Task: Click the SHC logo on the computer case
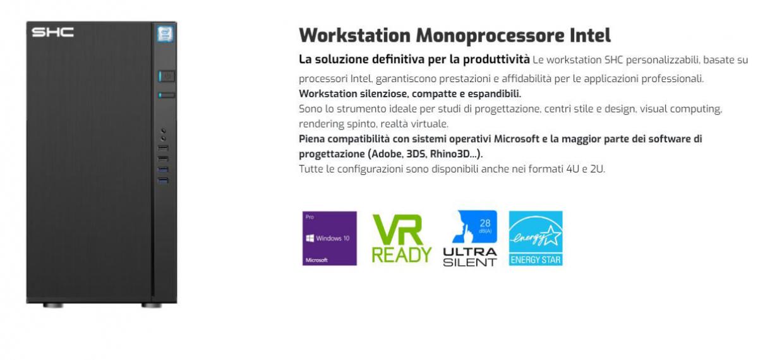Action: click(53, 32)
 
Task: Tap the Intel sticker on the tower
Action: click(165, 34)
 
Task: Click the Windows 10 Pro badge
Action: click(330, 239)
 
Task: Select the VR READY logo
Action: click(402, 239)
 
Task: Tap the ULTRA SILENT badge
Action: click(470, 239)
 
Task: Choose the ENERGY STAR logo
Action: click(536, 239)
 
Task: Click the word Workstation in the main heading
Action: click(354, 35)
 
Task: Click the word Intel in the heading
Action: click(590, 35)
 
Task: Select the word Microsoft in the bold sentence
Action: click(517, 139)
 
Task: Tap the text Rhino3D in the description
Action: click(450, 154)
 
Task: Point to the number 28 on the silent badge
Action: click(485, 223)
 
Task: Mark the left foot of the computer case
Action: click(53, 306)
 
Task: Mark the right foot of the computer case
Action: click(151, 306)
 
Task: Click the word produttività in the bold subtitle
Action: click(496, 59)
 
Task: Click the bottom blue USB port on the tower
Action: click(163, 181)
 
